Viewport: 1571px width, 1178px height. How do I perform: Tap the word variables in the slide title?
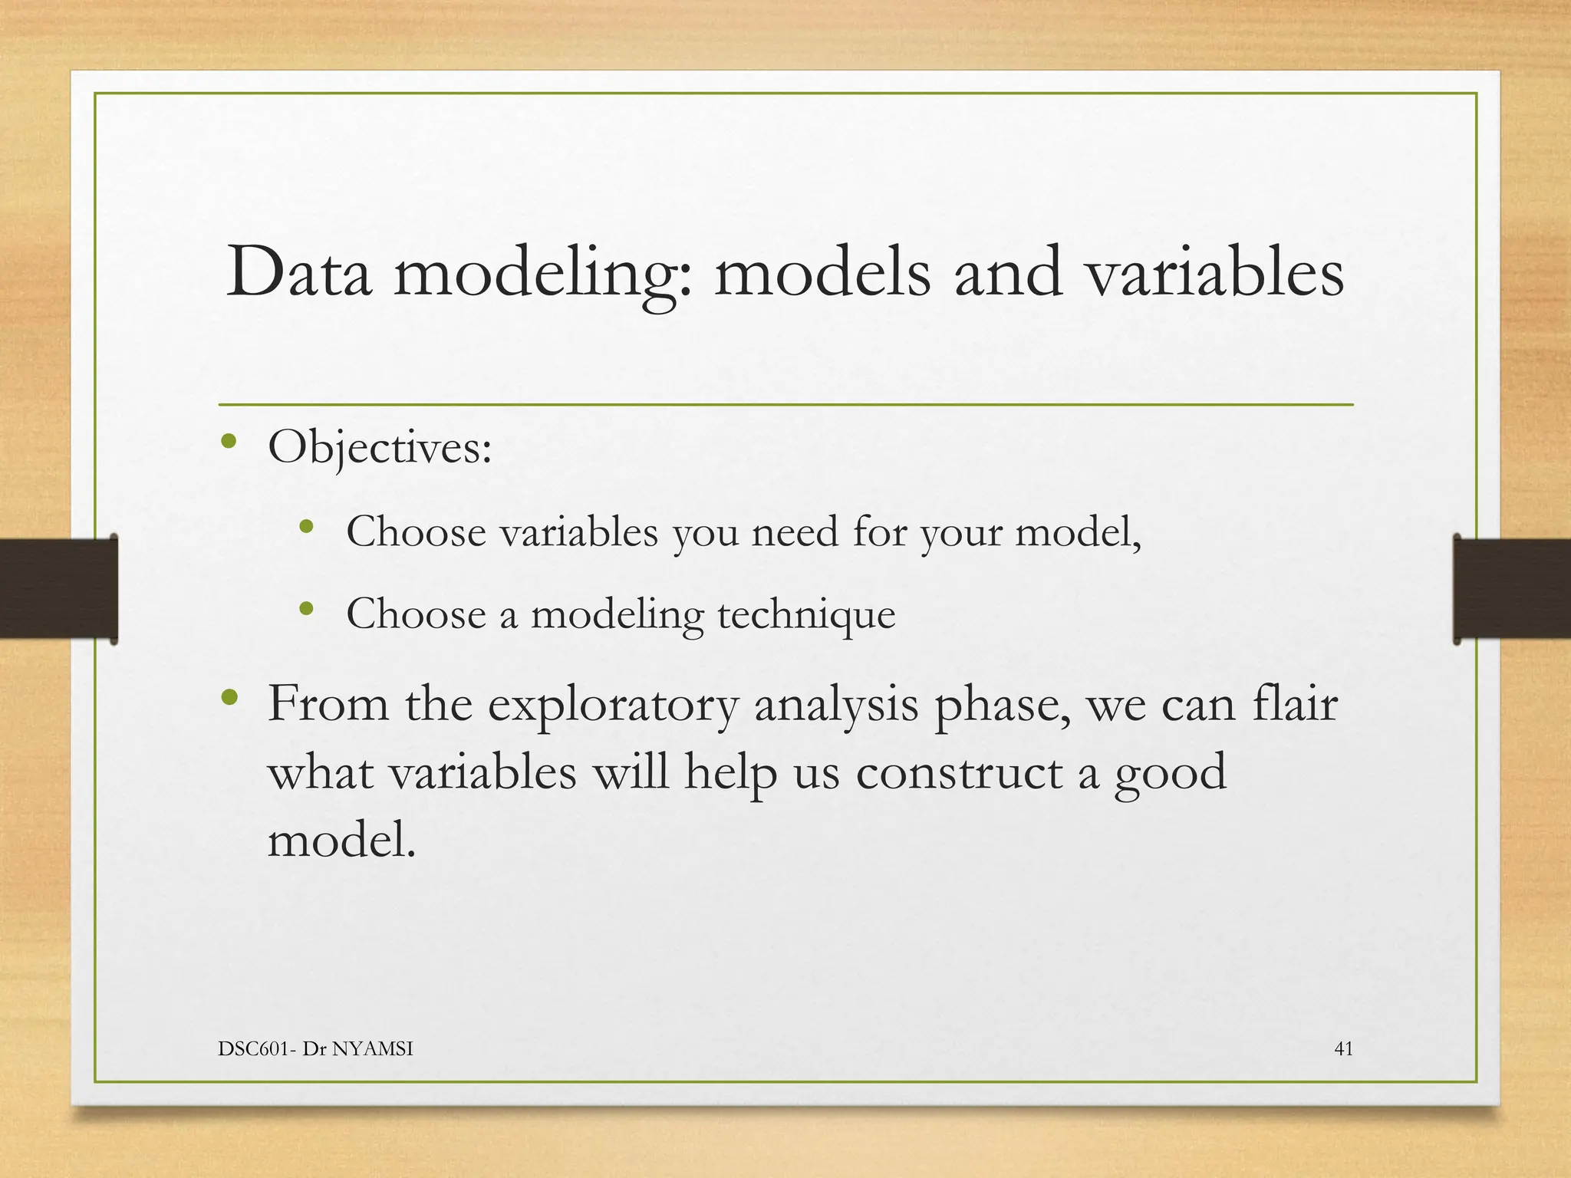coord(1216,272)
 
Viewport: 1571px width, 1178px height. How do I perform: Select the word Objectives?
coord(379,447)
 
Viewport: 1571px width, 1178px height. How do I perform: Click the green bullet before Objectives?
coord(228,442)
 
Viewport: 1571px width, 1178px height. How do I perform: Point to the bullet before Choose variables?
coord(307,526)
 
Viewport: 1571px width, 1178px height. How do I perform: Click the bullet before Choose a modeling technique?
coord(307,609)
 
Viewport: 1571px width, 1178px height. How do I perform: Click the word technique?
coord(805,614)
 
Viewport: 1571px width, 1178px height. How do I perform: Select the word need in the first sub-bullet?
coord(795,531)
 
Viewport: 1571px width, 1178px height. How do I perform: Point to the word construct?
coord(958,772)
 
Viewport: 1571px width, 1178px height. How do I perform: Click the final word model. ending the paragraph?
coord(341,839)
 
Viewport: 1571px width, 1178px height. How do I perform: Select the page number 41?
coord(1344,1048)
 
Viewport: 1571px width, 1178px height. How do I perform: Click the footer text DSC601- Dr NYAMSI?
coord(315,1048)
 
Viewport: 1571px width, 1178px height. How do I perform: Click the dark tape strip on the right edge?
coord(1511,588)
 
